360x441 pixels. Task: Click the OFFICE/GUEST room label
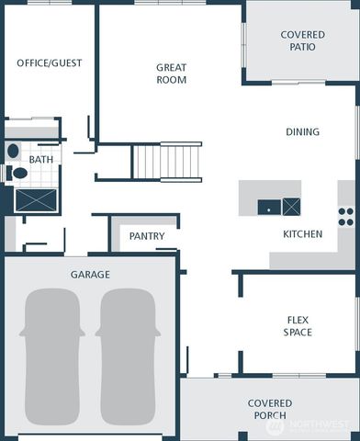pos(50,63)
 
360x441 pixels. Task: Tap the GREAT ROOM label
pos(171,73)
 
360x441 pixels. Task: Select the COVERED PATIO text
pos(302,40)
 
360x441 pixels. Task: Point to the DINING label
pos(302,132)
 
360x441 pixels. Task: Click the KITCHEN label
pos(302,234)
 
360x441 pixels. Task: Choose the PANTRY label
pos(147,237)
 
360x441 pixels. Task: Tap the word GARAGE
pos(90,275)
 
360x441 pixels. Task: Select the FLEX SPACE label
pos(298,326)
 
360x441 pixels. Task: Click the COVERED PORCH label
pos(270,410)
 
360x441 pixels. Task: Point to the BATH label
pos(41,160)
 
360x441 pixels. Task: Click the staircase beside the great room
pos(167,162)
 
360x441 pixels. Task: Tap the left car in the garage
pos(51,357)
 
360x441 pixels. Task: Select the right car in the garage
pos(129,357)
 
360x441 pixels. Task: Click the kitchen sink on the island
pos(268,207)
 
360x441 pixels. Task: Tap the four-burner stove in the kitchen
pos(346,216)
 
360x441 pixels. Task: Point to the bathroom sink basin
pos(13,151)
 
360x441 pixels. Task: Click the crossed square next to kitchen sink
pos(291,207)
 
